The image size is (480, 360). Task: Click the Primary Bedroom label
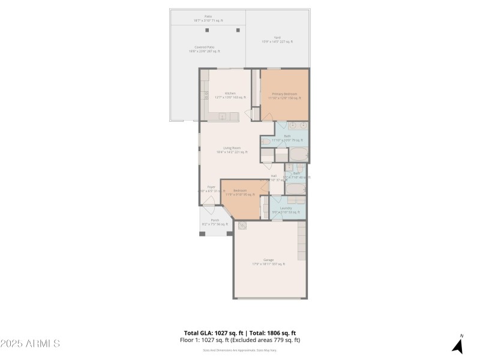(x=284, y=94)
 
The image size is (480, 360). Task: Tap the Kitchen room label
(x=230, y=94)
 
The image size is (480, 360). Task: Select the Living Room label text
(x=232, y=148)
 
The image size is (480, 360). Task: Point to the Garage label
(x=268, y=260)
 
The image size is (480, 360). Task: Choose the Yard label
(x=277, y=37)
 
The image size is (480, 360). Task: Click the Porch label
(x=215, y=220)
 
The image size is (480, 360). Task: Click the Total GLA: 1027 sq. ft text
(x=212, y=333)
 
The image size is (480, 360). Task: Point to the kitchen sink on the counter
(x=221, y=116)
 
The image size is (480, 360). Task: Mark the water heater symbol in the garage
(x=243, y=226)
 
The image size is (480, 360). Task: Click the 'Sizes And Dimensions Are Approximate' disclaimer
(x=239, y=350)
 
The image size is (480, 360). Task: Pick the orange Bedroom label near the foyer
(x=236, y=191)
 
